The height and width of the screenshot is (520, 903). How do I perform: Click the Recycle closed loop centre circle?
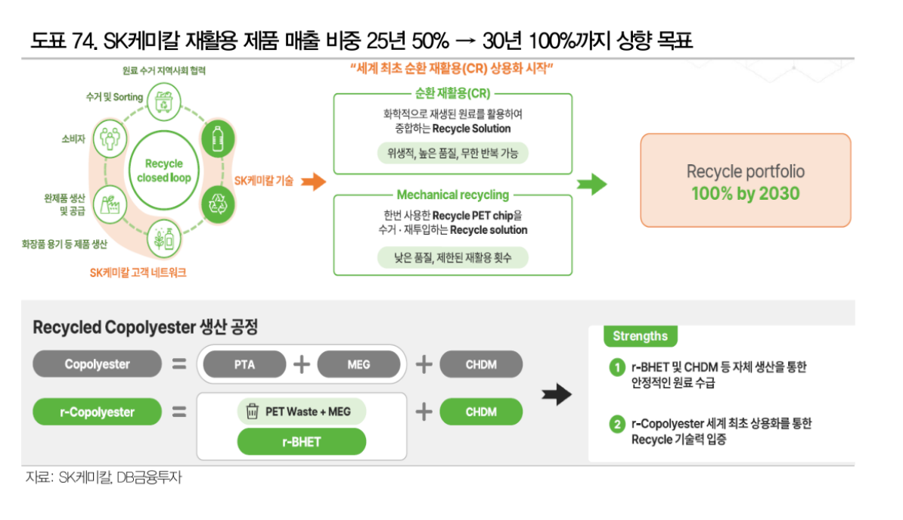point(164,170)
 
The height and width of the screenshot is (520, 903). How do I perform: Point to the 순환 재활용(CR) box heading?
point(452,94)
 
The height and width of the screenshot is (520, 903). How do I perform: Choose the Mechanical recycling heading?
point(452,195)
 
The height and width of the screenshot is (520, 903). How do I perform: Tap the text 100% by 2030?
point(745,194)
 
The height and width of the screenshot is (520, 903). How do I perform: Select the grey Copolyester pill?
point(97,364)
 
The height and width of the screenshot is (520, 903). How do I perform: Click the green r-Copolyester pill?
point(97,413)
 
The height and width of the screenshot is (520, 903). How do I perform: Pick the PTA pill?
point(244,364)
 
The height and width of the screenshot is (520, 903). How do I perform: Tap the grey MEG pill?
point(358,364)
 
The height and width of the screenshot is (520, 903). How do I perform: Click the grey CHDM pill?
point(481,364)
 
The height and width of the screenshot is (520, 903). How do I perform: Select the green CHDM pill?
point(481,413)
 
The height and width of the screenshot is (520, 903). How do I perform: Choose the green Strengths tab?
point(640,336)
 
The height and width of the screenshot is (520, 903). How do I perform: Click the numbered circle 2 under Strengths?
point(617,425)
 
